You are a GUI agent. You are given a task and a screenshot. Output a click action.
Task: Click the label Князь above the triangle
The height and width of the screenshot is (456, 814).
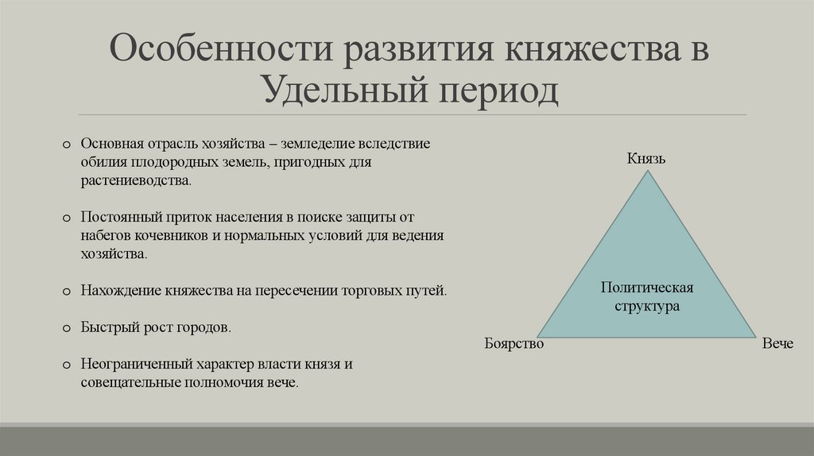(x=645, y=158)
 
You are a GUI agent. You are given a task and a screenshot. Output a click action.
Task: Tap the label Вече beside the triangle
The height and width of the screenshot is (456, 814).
(x=777, y=344)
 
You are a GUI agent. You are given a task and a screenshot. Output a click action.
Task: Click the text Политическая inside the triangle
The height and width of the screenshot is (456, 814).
(x=647, y=288)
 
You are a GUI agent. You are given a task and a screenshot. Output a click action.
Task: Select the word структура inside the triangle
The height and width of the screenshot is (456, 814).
(x=647, y=306)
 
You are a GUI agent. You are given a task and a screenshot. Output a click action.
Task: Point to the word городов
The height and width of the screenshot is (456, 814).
(x=207, y=327)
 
